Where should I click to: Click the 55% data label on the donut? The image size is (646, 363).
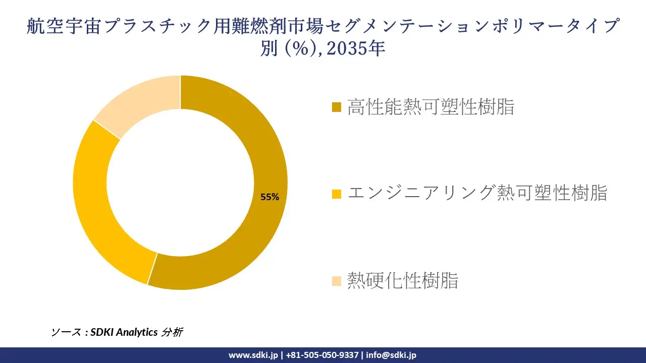(x=270, y=197)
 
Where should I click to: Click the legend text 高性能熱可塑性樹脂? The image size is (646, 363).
(x=430, y=107)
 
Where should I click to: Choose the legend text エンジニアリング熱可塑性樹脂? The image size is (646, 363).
(x=477, y=193)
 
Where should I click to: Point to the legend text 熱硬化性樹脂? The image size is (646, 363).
(x=403, y=280)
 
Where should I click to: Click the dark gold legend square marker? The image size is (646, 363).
(x=337, y=107)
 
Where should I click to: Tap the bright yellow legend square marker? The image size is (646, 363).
(x=337, y=194)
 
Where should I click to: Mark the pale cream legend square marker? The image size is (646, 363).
(x=337, y=281)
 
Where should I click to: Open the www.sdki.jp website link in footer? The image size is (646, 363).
(x=253, y=355)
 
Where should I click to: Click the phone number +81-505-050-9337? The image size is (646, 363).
(x=323, y=355)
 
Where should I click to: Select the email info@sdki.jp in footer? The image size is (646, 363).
(x=391, y=355)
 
